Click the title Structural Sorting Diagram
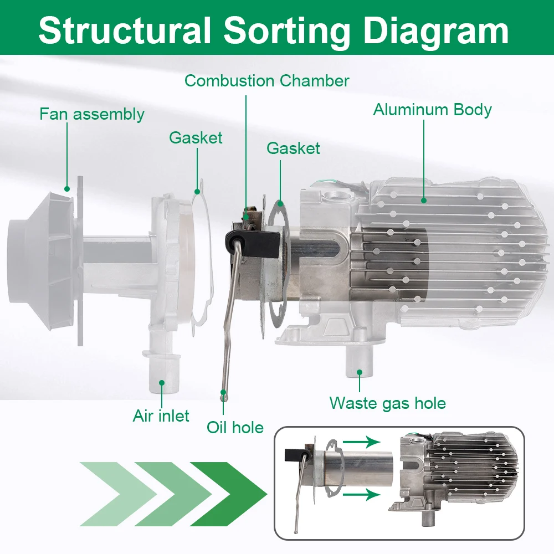274,30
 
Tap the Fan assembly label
91,115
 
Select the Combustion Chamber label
266,81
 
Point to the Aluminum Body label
432,110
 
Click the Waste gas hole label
387,403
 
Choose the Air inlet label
161,416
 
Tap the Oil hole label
235,427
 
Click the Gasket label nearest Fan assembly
196,138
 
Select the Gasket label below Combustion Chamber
293,148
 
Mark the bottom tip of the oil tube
223,395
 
